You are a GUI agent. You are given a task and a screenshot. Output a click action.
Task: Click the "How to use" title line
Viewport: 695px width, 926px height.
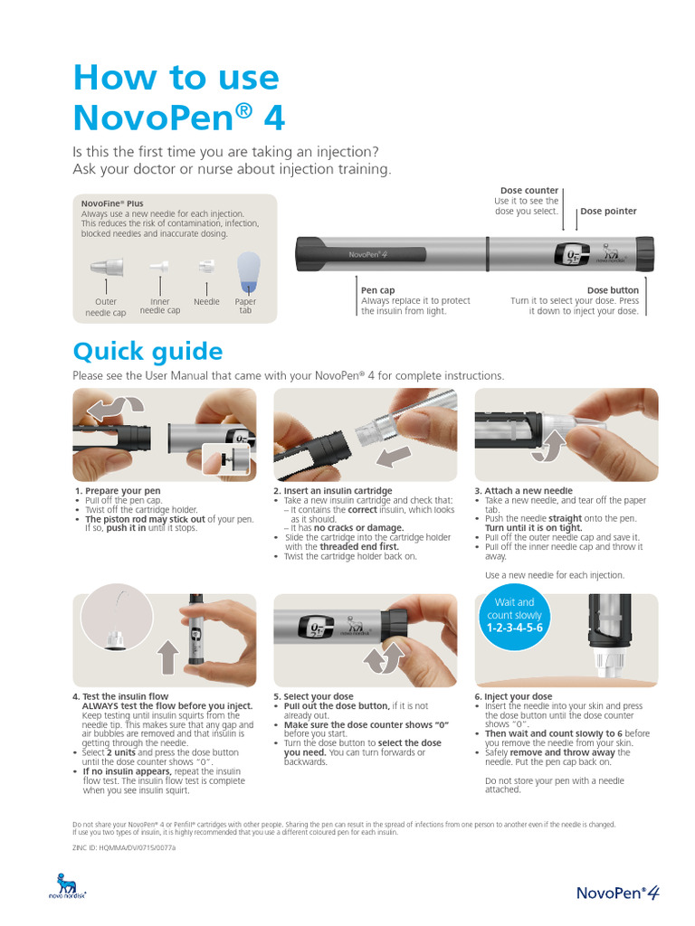click(x=176, y=77)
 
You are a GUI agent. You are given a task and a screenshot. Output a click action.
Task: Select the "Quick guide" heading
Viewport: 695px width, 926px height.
click(x=147, y=351)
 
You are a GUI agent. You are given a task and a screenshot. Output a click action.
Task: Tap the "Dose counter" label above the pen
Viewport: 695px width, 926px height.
click(x=528, y=191)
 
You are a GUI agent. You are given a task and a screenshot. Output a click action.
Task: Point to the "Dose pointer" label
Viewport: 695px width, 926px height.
click(x=608, y=211)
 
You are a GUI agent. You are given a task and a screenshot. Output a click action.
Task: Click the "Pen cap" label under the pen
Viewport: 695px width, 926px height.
click(x=378, y=290)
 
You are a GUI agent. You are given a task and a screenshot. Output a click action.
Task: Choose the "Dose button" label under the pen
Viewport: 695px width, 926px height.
click(x=613, y=290)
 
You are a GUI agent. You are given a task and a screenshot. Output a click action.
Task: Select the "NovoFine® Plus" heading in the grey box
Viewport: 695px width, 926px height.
click(x=112, y=203)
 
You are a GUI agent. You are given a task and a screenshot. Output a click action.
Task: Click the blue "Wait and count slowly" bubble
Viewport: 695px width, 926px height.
click(x=514, y=615)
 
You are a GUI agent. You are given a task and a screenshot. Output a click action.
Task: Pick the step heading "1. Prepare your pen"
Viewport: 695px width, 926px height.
click(x=118, y=491)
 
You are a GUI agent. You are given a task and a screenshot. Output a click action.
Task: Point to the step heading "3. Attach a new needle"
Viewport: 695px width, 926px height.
click(x=528, y=491)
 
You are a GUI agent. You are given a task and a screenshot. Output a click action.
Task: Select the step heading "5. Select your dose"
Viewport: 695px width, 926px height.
click(x=313, y=697)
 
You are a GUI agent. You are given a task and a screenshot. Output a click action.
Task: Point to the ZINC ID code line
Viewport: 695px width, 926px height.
click(x=124, y=849)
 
